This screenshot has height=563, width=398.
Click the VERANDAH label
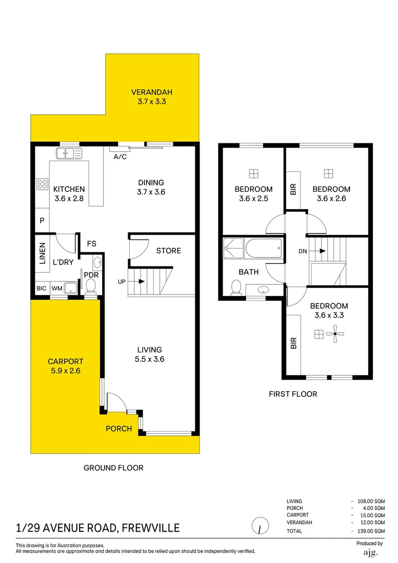151,97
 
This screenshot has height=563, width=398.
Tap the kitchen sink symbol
69,153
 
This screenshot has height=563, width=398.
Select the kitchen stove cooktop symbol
42,183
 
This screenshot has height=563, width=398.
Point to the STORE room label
168,251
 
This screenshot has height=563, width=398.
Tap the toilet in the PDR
91,285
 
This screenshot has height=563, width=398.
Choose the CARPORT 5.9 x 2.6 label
66,366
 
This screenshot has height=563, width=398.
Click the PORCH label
119,429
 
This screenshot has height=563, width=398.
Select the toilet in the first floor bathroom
235,287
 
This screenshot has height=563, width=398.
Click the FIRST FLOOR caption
293,394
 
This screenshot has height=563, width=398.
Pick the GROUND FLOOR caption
114,468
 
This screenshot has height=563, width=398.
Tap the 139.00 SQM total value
370,531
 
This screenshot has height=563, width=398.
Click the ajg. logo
370,552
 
